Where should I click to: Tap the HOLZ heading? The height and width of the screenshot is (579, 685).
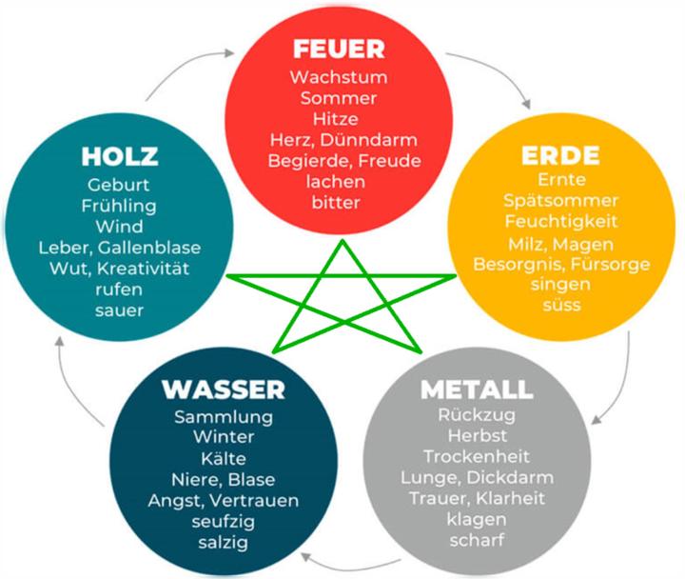[x=120, y=155]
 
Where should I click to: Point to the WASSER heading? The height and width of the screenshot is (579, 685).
[x=224, y=389]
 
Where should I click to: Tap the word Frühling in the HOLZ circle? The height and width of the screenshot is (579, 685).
[x=120, y=205]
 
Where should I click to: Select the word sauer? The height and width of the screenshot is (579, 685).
[x=120, y=309]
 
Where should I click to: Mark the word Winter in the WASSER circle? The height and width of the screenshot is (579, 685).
[x=224, y=437]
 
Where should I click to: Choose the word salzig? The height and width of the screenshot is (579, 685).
[x=224, y=542]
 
